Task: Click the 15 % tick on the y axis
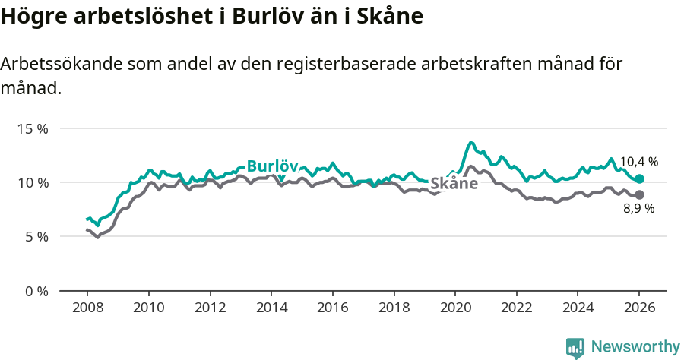pyautogui.click(x=33, y=128)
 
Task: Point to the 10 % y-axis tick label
pyautogui.click(x=33, y=182)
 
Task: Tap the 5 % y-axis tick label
pyautogui.click(x=36, y=236)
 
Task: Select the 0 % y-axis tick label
pyautogui.click(x=36, y=291)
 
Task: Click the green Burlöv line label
pyautogui.click(x=272, y=166)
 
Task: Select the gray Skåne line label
pyautogui.click(x=454, y=184)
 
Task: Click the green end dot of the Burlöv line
pyautogui.click(x=640, y=178)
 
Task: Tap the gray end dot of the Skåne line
pyautogui.click(x=640, y=194)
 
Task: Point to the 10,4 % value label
pyautogui.click(x=638, y=162)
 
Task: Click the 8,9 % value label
pyautogui.click(x=638, y=208)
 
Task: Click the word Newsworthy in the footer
pyautogui.click(x=635, y=347)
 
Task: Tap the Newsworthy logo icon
pyautogui.click(x=575, y=348)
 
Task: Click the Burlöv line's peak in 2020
pyautogui.click(x=471, y=143)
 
